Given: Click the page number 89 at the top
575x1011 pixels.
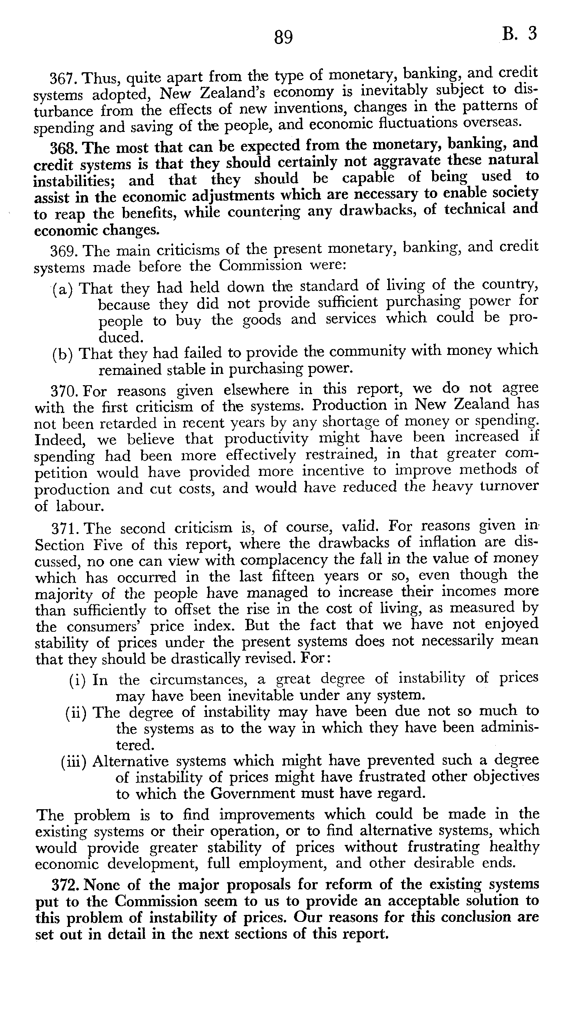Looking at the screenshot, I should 283,38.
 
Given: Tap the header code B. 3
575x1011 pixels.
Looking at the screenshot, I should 520,34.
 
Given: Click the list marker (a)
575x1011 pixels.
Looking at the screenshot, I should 63,289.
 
